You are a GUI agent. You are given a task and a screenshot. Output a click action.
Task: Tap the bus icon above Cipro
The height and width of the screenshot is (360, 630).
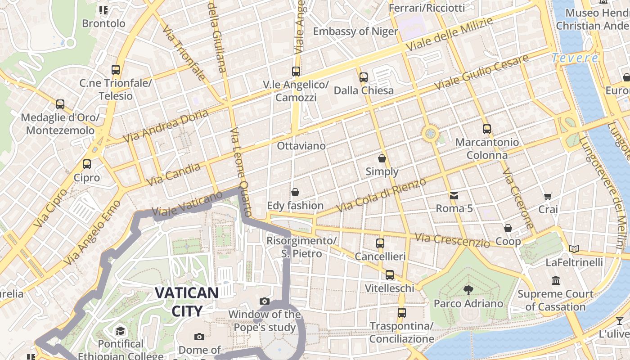click(x=87, y=164)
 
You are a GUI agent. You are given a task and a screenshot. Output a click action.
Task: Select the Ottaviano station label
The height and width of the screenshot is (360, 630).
click(x=301, y=146)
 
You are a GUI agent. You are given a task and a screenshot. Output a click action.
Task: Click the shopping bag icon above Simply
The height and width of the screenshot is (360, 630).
click(x=382, y=158)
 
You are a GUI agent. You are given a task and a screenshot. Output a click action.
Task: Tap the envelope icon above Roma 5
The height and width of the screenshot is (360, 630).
click(x=454, y=196)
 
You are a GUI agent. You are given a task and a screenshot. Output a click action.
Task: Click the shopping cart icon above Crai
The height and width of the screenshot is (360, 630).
click(x=548, y=196)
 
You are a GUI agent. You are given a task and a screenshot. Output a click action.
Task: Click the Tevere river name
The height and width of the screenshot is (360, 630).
click(x=575, y=58)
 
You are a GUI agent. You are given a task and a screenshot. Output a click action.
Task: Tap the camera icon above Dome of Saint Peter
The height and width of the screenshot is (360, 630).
click(x=199, y=337)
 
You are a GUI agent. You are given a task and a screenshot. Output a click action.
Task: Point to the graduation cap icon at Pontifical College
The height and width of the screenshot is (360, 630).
click(x=120, y=331)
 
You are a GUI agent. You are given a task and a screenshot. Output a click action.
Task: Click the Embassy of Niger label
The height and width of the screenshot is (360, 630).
click(x=355, y=31)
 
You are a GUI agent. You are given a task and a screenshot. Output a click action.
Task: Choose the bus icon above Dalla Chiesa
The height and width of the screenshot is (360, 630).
click(x=364, y=77)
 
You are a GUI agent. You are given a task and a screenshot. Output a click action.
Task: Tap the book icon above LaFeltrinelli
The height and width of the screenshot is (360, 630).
click(x=574, y=249)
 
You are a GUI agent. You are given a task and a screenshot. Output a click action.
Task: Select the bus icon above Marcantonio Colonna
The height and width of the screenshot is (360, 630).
click(x=486, y=129)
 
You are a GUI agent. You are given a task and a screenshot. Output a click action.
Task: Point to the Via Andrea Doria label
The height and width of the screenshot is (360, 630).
click(x=166, y=126)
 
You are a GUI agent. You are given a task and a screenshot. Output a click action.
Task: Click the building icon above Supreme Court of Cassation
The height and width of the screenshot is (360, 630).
click(x=556, y=280)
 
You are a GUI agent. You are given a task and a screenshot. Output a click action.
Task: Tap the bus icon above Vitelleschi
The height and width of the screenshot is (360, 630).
click(x=390, y=275)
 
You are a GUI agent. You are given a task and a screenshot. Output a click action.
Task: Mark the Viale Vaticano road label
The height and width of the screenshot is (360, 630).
click(x=187, y=204)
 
